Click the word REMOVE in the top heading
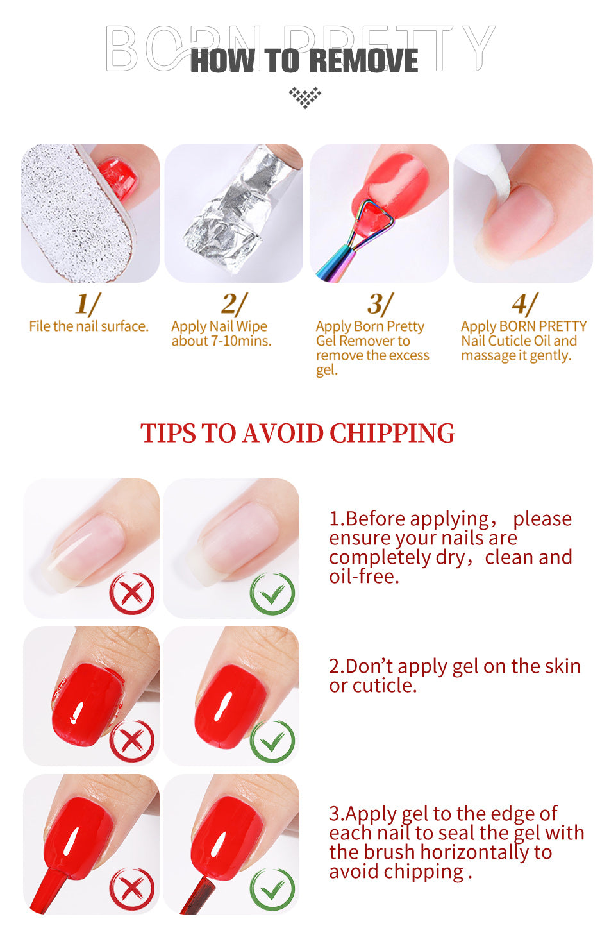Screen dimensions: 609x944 coord(363,61)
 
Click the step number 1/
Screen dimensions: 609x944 coord(88,304)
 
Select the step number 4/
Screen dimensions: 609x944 coord(525,304)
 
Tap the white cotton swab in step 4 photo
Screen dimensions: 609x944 coord(488,169)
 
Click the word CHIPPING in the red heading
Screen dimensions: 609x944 coord(392,433)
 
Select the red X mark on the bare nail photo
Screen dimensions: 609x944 coord(132,593)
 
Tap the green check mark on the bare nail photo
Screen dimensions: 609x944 coord(272,593)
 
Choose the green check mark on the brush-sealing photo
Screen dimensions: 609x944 coord(272,889)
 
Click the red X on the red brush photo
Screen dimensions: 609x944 coord(132,889)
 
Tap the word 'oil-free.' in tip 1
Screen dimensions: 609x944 coord(364,577)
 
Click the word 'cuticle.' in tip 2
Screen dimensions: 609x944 coord(384,686)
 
